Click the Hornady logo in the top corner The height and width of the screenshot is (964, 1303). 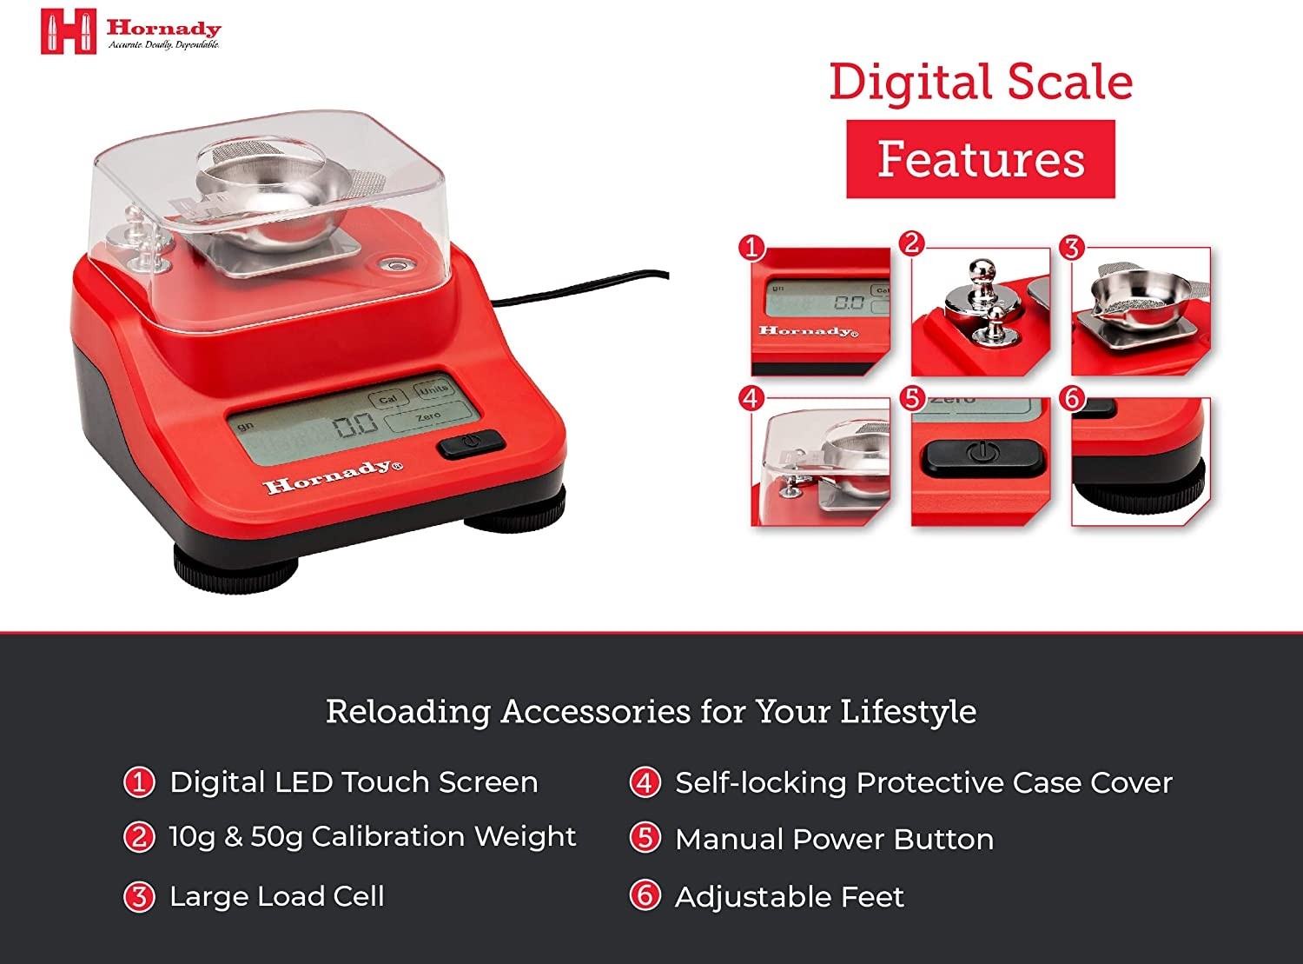coord(130,31)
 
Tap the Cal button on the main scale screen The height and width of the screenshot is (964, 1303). coord(387,399)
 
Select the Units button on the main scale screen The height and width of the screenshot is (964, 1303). coord(433,389)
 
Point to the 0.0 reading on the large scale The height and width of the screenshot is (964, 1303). coord(355,424)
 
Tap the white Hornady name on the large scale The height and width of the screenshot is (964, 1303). coord(334,476)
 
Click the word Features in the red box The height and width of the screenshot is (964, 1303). coord(981,159)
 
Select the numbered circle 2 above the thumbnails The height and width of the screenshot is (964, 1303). coord(912,243)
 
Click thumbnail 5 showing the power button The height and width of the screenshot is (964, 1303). coord(981,462)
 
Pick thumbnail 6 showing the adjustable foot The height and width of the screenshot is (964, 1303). coord(1141,462)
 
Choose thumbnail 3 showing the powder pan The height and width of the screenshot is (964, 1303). coord(1141,311)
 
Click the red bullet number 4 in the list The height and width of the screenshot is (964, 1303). coord(645,783)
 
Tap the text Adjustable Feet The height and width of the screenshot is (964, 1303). coord(790,897)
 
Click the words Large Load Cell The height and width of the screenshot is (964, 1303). coord(277,897)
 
